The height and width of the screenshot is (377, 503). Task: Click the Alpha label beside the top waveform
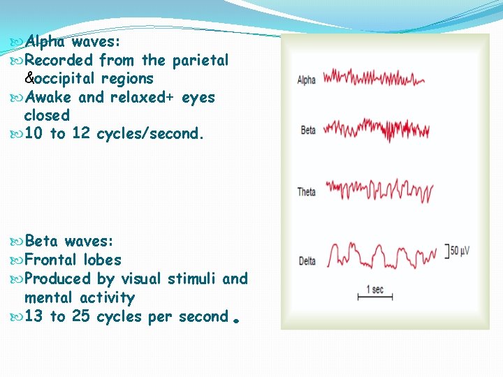(306, 80)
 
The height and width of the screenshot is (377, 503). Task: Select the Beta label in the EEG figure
(307, 131)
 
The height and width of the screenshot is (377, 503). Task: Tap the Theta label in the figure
(306, 192)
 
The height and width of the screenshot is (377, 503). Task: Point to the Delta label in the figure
(307, 261)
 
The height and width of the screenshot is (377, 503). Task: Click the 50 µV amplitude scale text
(460, 251)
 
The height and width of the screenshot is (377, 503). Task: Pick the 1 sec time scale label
(374, 289)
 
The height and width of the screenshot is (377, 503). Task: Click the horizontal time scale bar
(375, 298)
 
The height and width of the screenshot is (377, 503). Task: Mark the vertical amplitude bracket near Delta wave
(446, 251)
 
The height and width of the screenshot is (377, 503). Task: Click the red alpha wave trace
(374, 77)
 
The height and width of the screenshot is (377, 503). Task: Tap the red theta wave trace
(379, 190)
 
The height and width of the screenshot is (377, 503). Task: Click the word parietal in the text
(200, 60)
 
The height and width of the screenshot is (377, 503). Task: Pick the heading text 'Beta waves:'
(68, 242)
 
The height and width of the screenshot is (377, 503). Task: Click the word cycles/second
(150, 133)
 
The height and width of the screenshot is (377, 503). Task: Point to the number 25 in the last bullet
(80, 316)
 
